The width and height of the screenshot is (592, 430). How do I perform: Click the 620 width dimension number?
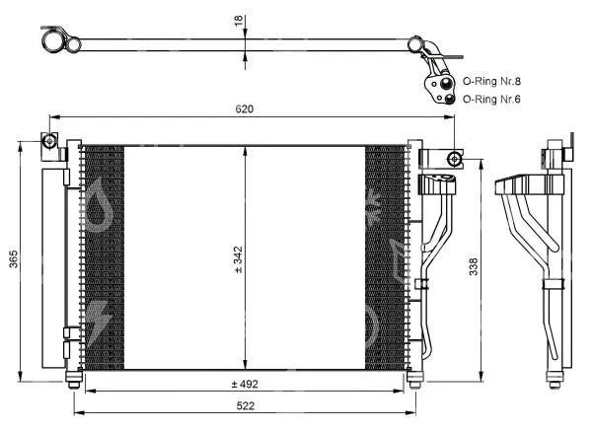(x=245, y=109)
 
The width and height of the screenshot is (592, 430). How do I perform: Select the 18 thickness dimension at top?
(x=239, y=21)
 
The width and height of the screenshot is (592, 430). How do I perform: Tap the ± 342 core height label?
(x=238, y=259)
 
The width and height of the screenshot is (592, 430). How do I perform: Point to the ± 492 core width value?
(x=245, y=385)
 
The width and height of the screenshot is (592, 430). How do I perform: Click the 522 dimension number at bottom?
(x=246, y=406)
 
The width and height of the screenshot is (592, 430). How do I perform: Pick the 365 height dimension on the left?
(x=14, y=259)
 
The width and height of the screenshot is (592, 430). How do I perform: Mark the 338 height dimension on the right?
(x=474, y=266)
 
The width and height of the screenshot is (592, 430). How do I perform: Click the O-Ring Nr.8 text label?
(x=491, y=81)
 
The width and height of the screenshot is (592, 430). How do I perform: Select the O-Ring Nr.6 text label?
(x=491, y=100)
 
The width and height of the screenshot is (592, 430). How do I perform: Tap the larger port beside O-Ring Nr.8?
(x=446, y=83)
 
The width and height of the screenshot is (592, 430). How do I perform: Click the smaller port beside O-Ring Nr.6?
(x=449, y=100)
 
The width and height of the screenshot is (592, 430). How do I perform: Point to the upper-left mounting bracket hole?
(x=49, y=141)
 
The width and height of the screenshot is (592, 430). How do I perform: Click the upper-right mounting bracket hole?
(x=454, y=159)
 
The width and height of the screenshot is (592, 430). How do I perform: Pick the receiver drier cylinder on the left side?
(x=53, y=268)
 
